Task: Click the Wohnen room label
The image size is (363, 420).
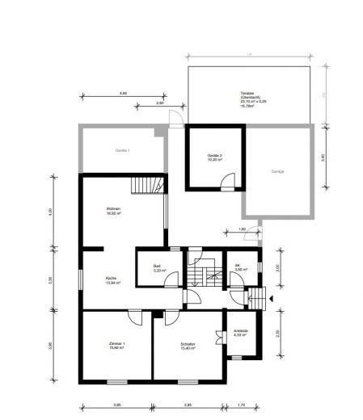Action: (x=114, y=212)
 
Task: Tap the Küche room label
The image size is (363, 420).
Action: (x=112, y=280)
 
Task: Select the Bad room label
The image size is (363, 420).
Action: (x=158, y=267)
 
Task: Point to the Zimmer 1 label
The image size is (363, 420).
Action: (x=116, y=346)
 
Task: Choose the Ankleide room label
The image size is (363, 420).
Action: (x=241, y=332)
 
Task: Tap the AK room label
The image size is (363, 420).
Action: (x=238, y=267)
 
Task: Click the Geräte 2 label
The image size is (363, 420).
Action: (x=213, y=156)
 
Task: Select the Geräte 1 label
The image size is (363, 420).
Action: (x=122, y=150)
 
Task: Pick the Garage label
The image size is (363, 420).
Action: (x=277, y=170)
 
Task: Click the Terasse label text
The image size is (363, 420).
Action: (x=247, y=94)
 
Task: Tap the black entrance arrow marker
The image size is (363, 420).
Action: (x=272, y=298)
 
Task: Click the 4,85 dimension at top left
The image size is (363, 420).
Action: (x=123, y=93)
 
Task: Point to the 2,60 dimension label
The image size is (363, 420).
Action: (x=159, y=103)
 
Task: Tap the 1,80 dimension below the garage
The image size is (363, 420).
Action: (x=242, y=229)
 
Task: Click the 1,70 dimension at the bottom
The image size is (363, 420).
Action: (x=242, y=405)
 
